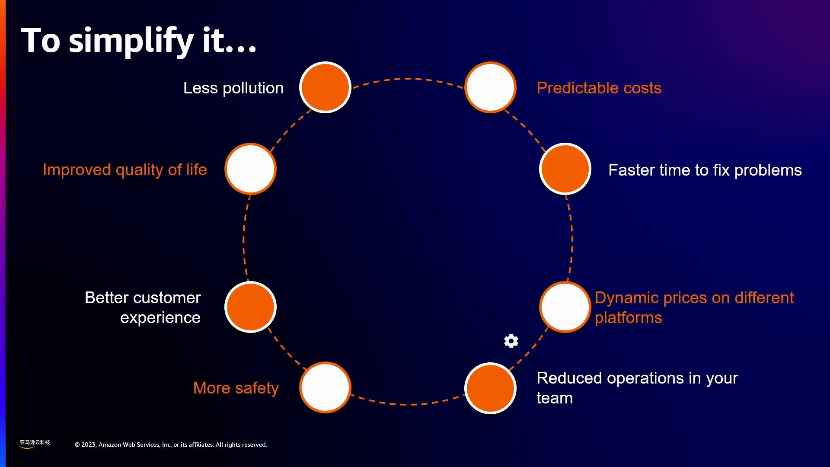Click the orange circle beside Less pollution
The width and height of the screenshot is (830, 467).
[325, 87]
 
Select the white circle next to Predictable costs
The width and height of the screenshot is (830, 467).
[490, 87]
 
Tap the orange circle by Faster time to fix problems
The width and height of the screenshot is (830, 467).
[565, 169]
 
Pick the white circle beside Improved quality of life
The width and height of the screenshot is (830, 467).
[250, 169]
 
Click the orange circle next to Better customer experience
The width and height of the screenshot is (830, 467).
[250, 307]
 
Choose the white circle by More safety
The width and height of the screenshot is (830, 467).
[325, 387]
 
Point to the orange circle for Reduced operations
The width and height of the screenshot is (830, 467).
[490, 388]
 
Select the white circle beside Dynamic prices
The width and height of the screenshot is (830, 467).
[565, 307]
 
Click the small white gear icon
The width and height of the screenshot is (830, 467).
[511, 341]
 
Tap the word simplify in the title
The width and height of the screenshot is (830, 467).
[131, 41]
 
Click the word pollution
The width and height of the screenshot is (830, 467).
[253, 88]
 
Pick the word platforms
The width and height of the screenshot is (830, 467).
[628, 318]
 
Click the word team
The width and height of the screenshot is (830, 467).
[555, 398]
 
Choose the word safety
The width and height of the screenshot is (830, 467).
[257, 388]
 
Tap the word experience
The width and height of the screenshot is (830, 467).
[160, 318]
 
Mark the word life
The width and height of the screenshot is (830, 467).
[196, 170]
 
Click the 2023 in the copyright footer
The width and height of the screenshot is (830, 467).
[89, 445]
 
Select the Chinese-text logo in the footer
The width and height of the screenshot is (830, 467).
[35, 444]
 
